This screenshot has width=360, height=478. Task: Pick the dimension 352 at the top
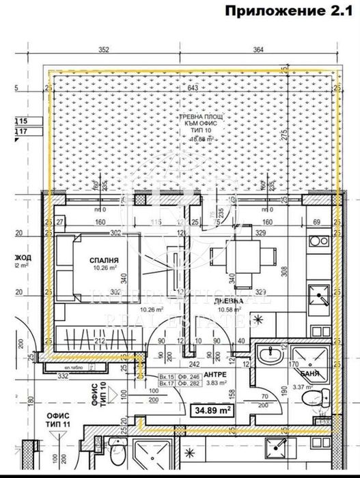click(104, 49)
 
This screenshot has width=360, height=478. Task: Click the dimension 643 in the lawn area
click(193, 88)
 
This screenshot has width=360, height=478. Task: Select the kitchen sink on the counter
click(318, 298)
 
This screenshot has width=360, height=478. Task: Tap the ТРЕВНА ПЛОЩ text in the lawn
click(202, 118)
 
